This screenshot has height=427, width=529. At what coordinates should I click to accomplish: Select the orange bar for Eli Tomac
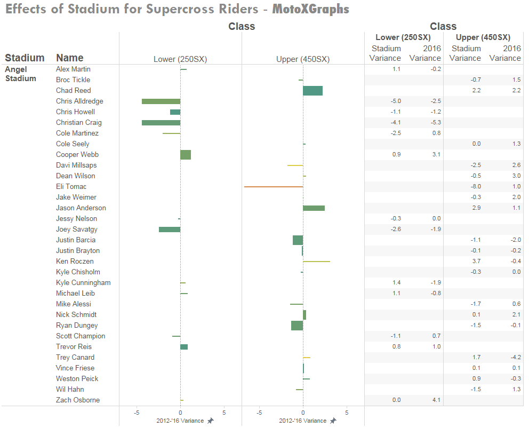point(274,187)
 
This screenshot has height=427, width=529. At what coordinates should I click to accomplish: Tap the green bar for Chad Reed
point(312,91)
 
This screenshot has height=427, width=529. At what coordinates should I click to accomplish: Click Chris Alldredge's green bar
point(161,101)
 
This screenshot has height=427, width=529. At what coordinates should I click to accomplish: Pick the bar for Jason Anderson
point(314,208)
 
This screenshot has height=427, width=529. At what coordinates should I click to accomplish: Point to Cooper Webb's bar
point(186,155)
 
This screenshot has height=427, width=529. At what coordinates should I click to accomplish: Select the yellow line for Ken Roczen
point(316,262)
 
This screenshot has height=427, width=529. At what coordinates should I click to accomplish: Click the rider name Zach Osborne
point(78,400)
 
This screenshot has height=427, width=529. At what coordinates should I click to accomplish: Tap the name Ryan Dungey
point(77,326)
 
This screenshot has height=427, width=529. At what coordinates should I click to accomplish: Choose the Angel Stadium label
point(20,74)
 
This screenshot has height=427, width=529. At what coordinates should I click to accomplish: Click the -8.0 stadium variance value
point(476,187)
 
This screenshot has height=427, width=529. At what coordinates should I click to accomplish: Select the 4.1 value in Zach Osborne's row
point(436,400)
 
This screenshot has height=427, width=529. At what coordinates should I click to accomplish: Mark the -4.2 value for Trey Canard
point(515,358)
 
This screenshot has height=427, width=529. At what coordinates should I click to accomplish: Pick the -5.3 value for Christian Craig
point(435,123)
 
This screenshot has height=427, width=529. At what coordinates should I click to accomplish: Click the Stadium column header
point(25,58)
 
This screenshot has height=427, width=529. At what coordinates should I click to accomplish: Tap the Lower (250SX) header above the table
point(403,37)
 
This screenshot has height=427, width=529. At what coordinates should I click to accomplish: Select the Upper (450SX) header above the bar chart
point(303,59)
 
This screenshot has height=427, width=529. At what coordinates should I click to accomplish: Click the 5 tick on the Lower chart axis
point(224,413)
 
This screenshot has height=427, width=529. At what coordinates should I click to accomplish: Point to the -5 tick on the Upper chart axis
point(259,413)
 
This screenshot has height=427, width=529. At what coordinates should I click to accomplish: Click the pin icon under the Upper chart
point(333,421)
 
